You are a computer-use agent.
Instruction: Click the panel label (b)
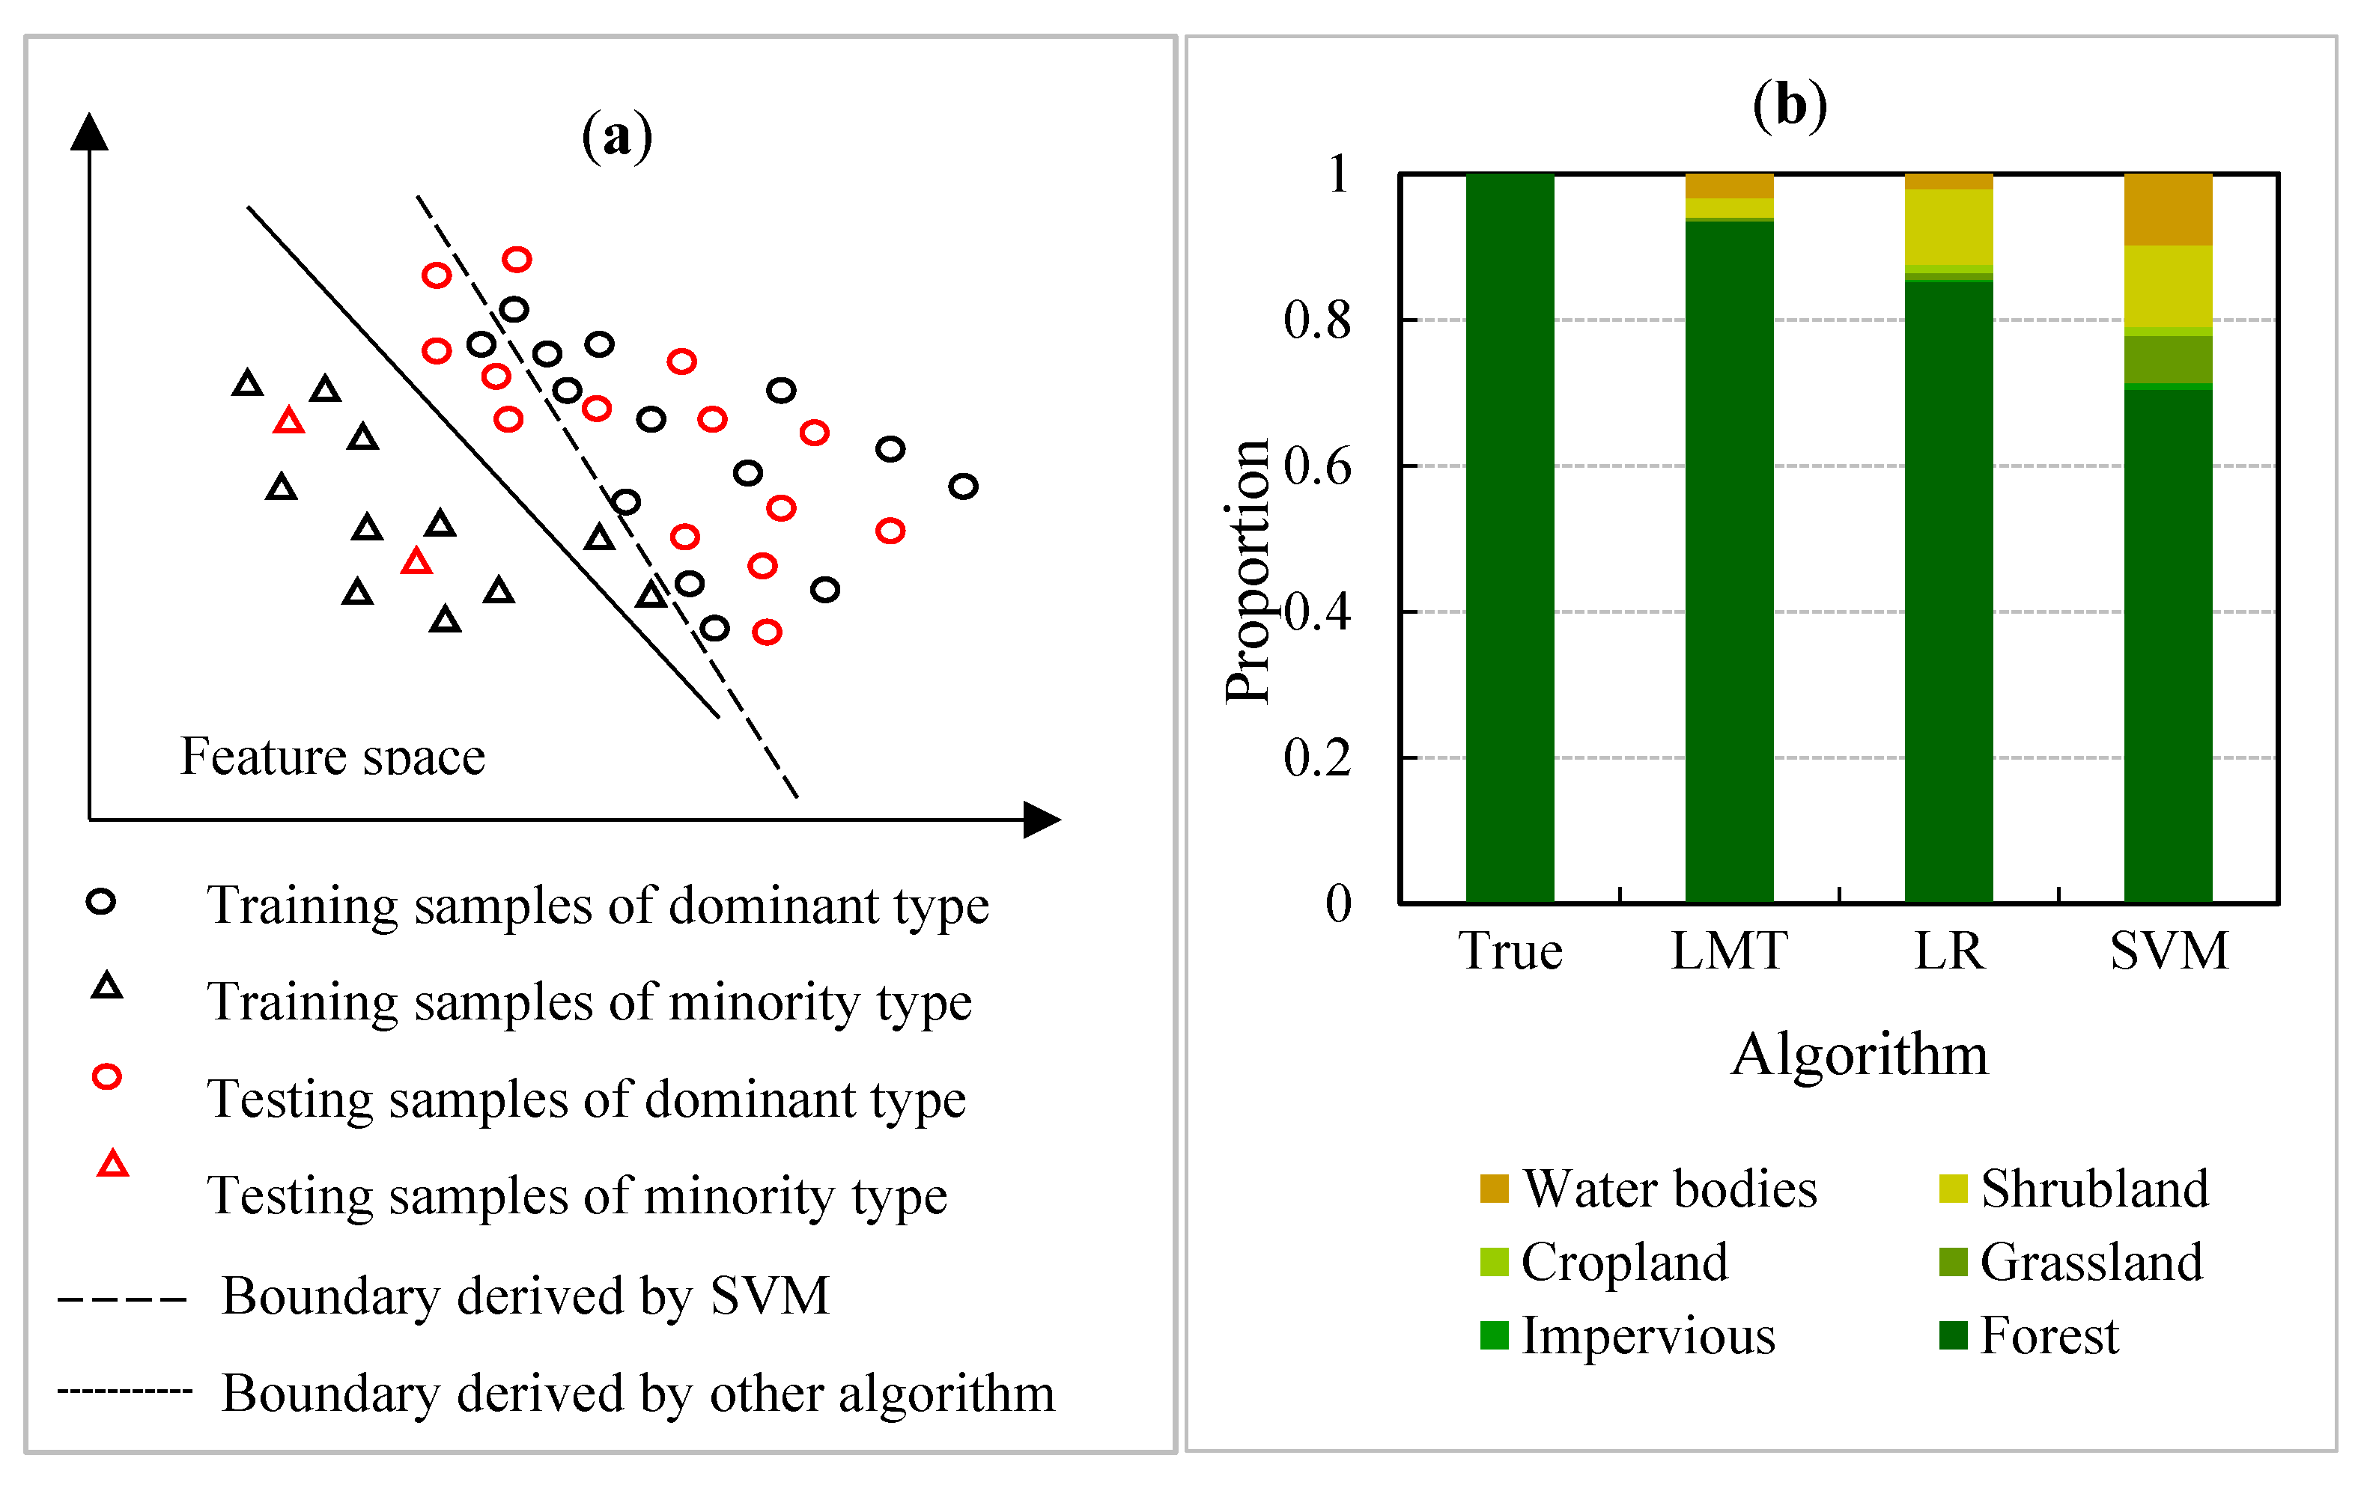[1789, 105]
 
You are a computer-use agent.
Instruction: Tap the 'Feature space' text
[332, 756]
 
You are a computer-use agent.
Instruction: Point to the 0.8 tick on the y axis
[1317, 320]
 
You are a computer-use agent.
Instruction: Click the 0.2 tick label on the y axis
[1317, 757]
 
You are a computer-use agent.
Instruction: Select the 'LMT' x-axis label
[1729, 951]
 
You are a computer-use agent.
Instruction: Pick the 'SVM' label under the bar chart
[2169, 951]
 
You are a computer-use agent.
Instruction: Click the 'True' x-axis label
[1510, 951]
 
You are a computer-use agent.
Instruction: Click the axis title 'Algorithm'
[1859, 1055]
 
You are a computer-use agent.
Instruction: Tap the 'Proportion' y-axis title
[1247, 571]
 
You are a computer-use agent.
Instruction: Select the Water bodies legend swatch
[1493, 1188]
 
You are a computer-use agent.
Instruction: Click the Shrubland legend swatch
[1952, 1188]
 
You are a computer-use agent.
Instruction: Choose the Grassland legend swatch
[1952, 1261]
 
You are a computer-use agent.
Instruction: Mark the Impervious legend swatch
[1493, 1335]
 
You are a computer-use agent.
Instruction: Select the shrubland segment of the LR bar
[1948, 227]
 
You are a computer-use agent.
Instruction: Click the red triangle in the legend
[112, 1165]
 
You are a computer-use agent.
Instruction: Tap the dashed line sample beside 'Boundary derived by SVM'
[121, 1299]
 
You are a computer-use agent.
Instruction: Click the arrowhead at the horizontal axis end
[1042, 820]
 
